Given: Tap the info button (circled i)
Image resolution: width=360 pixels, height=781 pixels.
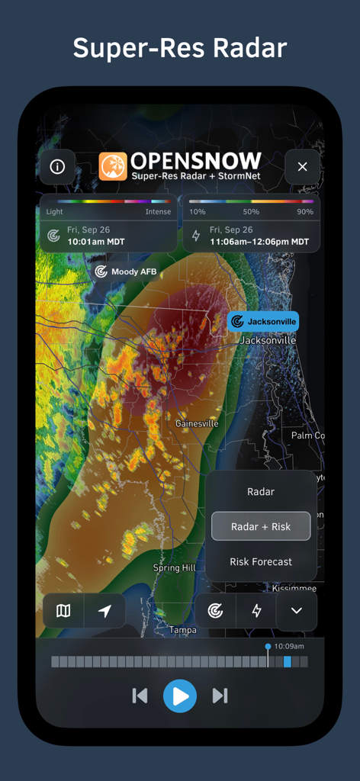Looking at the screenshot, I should [57, 166].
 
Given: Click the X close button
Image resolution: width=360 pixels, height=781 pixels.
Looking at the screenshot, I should [302, 166].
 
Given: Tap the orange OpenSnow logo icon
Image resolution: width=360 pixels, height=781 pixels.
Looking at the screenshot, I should [113, 166].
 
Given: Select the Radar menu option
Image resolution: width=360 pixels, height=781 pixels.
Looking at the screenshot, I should [261, 492].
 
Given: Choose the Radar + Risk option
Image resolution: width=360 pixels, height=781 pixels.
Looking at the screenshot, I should [261, 526].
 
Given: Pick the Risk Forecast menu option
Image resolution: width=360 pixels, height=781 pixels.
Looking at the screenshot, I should [261, 561].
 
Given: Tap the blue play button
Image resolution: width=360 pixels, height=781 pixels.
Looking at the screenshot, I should [180, 696].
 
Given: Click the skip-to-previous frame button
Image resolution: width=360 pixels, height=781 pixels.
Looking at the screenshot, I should [140, 696].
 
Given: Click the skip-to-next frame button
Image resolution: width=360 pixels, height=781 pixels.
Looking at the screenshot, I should [220, 696].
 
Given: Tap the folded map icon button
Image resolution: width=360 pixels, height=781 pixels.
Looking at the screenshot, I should [63, 610].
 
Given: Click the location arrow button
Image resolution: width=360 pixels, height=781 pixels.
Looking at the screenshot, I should [104, 610].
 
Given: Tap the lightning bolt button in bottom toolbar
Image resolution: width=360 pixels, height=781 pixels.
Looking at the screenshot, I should [256, 611].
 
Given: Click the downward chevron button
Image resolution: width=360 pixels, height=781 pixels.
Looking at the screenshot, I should [297, 611].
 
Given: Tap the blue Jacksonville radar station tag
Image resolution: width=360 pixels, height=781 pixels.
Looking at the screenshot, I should [263, 322].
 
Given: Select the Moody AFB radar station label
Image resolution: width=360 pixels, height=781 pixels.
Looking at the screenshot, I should [126, 272].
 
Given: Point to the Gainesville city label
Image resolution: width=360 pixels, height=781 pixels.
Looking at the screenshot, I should [197, 423].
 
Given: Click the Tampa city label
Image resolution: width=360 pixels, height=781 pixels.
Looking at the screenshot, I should [183, 630].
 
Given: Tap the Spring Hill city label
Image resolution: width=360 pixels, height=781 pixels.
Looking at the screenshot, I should [176, 568].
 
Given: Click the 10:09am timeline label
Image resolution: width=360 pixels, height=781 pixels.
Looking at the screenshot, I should [289, 646].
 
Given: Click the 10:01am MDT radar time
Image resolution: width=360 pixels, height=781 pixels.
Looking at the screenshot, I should [96, 242].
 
